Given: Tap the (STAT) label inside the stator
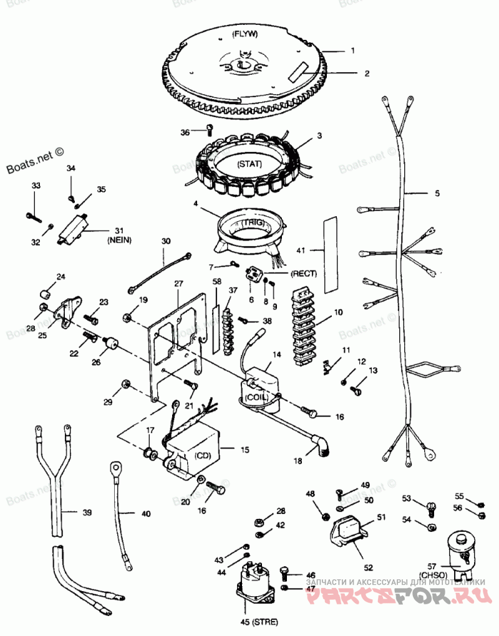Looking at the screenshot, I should [x=249, y=165].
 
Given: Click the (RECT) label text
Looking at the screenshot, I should [x=303, y=273].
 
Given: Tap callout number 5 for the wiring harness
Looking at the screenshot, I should [x=437, y=194].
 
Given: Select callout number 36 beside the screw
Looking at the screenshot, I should [x=185, y=132].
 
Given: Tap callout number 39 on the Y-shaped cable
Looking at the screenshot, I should [x=87, y=513].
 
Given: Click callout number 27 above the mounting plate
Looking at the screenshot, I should [x=179, y=284].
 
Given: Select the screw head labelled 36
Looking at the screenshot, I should [x=209, y=129].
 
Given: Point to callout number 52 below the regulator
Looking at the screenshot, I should [x=368, y=567].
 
